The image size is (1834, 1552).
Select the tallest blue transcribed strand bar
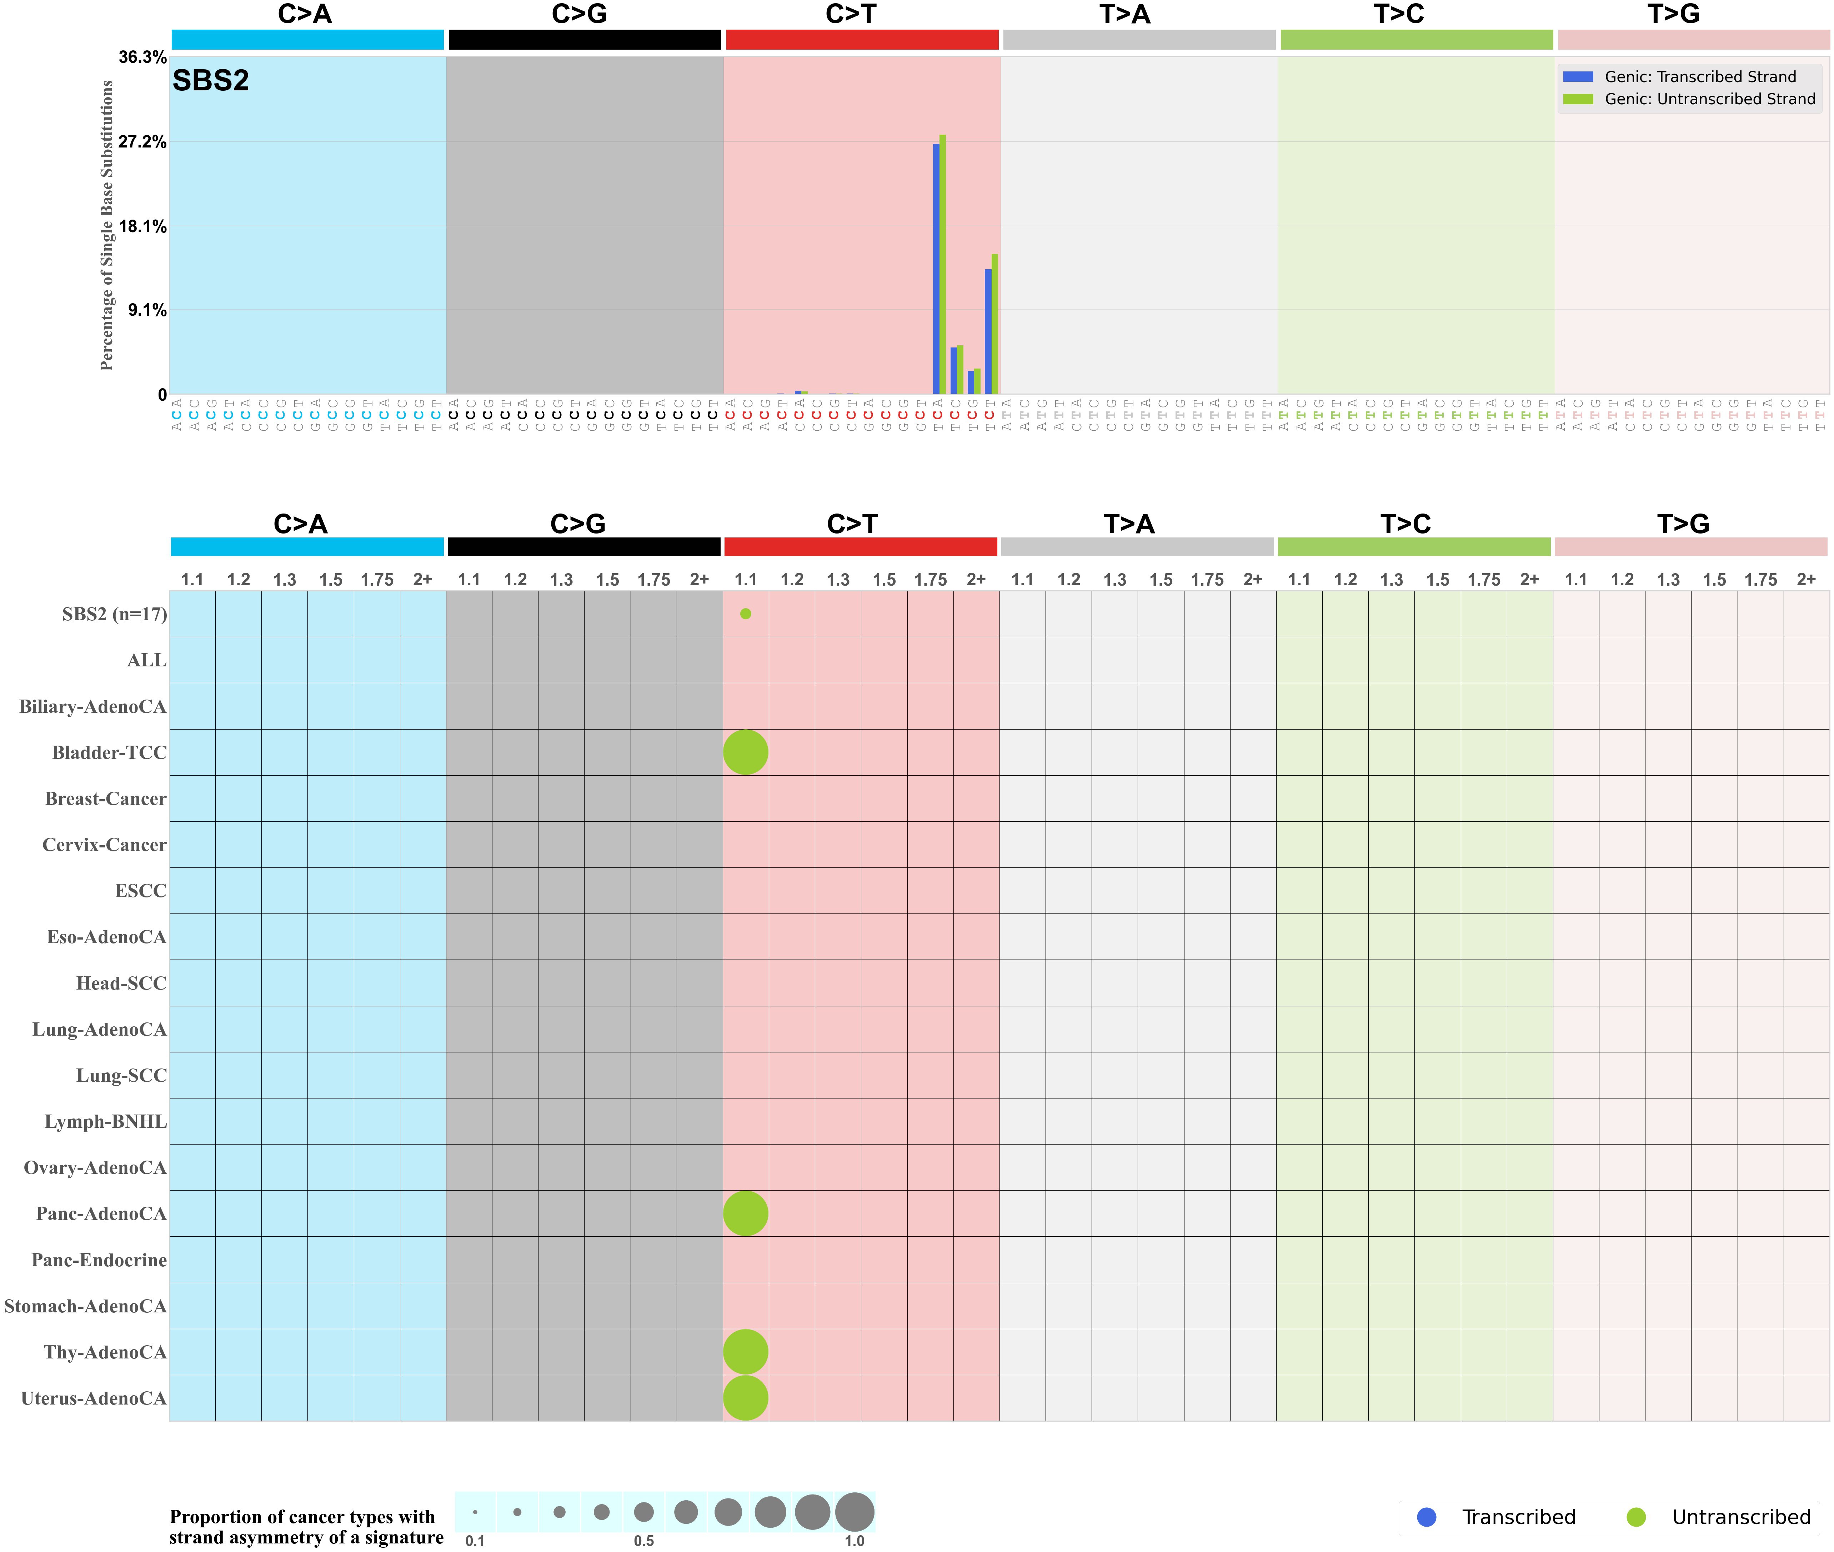936,268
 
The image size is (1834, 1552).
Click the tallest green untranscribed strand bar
943,264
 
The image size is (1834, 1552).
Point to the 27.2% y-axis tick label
142,142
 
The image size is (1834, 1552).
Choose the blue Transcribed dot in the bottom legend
1427,1517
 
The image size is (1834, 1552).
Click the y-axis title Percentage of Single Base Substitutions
107,225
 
